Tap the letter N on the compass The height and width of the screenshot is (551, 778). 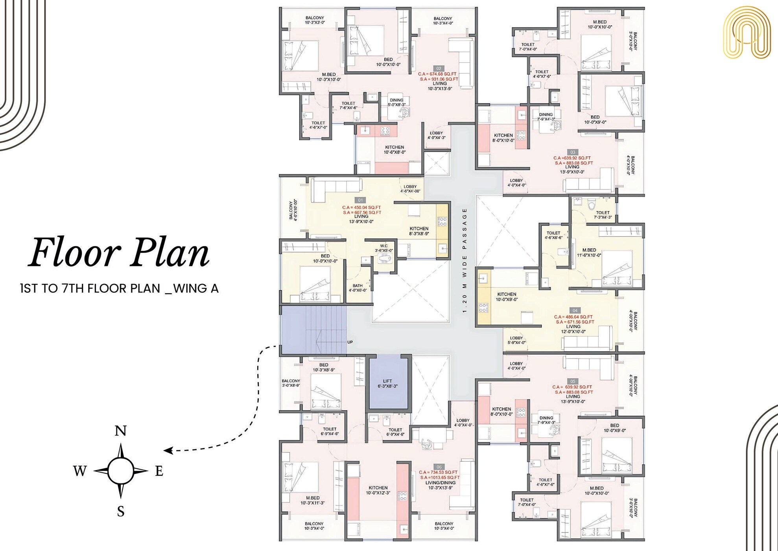tap(120, 431)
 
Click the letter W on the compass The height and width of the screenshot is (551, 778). tap(80, 471)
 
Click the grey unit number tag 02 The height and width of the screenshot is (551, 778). tap(439, 68)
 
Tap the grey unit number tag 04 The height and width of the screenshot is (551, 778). tap(575, 311)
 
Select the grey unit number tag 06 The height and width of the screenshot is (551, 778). tap(439, 467)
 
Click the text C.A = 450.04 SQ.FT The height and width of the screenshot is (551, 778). tap(361, 207)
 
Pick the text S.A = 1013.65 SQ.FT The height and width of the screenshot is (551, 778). tap(440, 477)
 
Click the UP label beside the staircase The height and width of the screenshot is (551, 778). tap(350, 342)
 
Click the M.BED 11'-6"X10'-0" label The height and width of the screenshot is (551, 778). tap(589, 253)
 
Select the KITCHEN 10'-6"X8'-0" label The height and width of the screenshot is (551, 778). tap(395, 150)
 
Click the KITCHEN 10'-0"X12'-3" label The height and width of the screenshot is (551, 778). tap(378, 490)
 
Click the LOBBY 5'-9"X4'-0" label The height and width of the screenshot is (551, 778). tap(516, 340)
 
